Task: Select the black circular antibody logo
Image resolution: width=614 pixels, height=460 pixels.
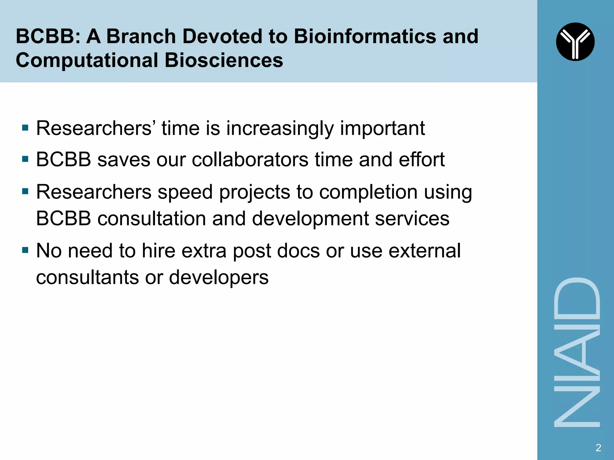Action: [575, 42]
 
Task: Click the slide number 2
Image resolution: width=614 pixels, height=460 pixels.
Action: [598, 447]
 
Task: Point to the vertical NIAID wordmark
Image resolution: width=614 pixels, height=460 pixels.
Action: [577, 352]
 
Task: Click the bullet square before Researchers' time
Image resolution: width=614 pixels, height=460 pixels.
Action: [25, 128]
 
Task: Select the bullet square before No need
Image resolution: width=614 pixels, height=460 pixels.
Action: [25, 250]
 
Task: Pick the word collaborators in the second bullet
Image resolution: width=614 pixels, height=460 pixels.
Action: [250, 159]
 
